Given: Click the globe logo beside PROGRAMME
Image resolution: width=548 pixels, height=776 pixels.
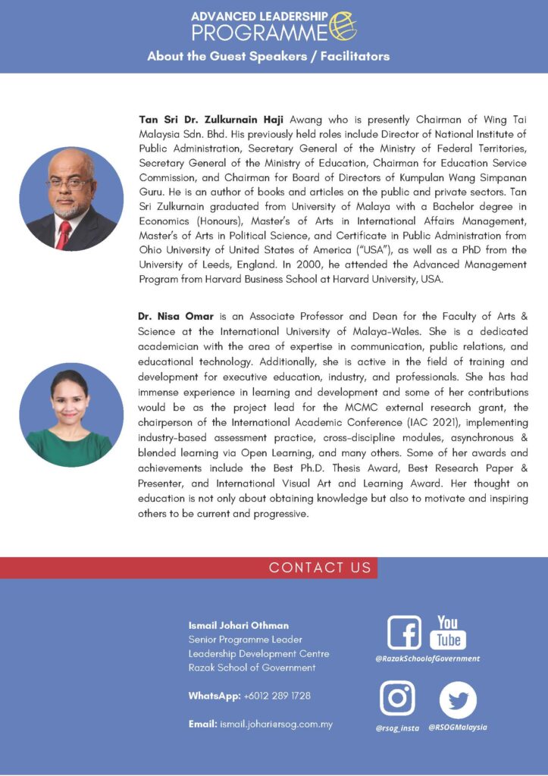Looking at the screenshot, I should coord(343,26).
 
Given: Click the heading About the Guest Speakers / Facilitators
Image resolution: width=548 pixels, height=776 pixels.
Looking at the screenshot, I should coord(268,56).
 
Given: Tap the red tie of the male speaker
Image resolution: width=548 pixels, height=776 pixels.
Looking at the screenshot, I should coord(64,234).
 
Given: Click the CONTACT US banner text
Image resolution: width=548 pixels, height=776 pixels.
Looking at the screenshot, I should coord(320,568).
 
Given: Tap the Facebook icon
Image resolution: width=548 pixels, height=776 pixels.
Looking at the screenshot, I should coord(403,632).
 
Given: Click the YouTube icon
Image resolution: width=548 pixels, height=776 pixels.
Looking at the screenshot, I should coord(448,632).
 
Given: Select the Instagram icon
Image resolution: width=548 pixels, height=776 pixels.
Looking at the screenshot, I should coord(397,698).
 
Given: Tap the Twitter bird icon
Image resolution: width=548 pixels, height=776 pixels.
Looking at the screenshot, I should coord(458,699).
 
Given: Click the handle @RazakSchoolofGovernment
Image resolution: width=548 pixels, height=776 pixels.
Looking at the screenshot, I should coord(427,659).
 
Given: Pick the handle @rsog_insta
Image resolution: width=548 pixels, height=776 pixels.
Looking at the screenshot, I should coord(397,727).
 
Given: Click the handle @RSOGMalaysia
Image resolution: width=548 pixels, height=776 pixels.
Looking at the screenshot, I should coord(458,727).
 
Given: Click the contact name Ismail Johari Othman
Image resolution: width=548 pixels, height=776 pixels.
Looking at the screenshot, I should coord(238,625).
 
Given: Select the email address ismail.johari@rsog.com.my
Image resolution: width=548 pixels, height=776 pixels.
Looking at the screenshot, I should coord(276,724).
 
